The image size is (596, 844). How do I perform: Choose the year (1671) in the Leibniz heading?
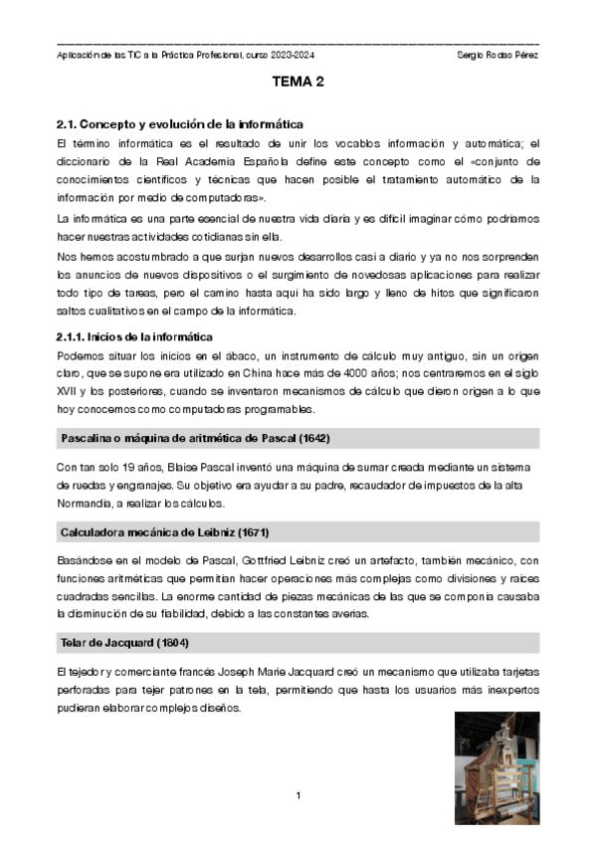[x=250, y=532]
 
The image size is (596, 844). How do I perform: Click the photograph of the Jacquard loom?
[x=497, y=767]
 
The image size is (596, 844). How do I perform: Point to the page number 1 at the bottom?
[x=298, y=796]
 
